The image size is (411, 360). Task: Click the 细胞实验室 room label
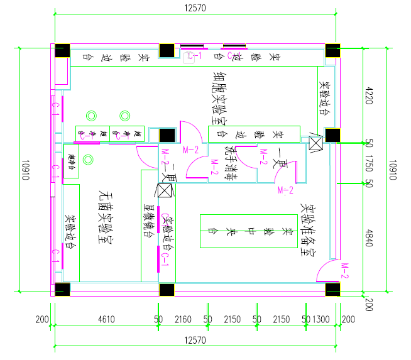pos(220,97)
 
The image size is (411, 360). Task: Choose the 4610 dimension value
pos(105,319)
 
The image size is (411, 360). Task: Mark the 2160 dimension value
pos(182,319)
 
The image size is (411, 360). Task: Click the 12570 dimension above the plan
pos(197,8)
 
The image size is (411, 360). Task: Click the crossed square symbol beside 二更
pos(165,191)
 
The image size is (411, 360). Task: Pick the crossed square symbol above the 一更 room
pos(314,143)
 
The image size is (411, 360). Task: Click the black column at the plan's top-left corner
pos(62,52)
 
